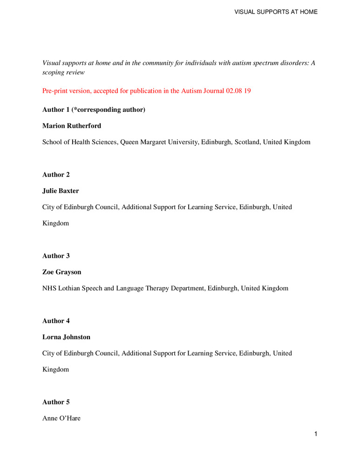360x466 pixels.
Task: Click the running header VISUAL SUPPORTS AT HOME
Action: pyautogui.click(x=277, y=12)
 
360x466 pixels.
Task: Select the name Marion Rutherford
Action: pyautogui.click(x=70, y=126)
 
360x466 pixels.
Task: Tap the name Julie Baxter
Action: pyautogui.click(x=61, y=191)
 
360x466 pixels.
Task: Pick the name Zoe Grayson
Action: pyautogui.click(x=61, y=272)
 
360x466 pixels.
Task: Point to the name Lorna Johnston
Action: pyautogui.click(x=66, y=337)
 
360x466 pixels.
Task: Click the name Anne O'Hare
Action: pyautogui.click(x=61, y=418)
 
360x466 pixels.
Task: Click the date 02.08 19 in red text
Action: pyautogui.click(x=238, y=91)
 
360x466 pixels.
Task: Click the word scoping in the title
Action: pyautogui.click(x=54, y=73)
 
